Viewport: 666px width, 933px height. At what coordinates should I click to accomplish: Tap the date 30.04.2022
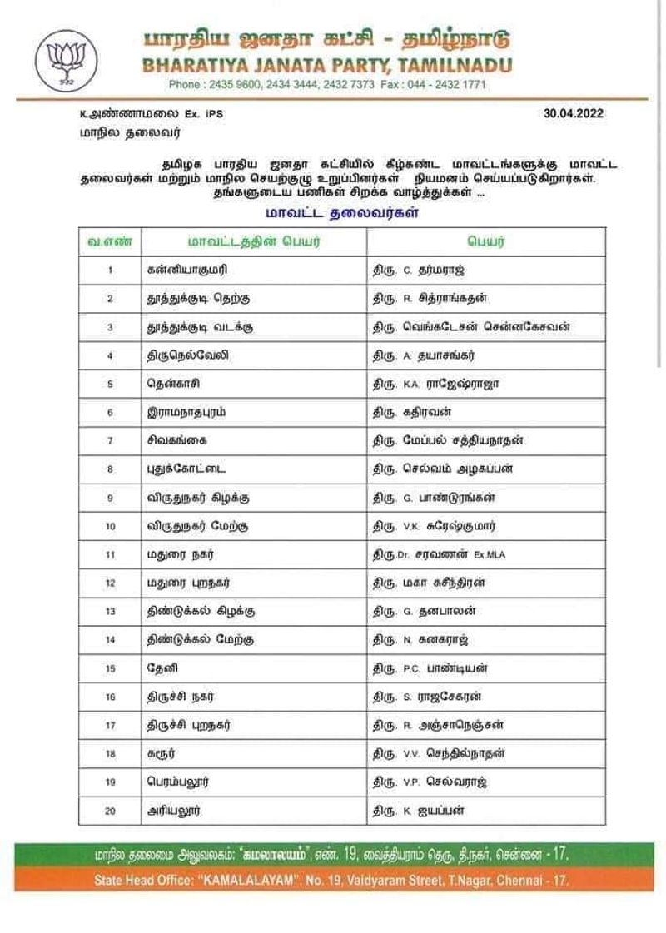coord(574,113)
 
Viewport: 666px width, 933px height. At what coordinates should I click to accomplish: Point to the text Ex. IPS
coord(206,114)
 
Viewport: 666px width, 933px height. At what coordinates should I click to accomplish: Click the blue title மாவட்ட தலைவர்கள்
coord(341,213)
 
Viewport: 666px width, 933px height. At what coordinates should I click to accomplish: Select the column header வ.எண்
coord(110,241)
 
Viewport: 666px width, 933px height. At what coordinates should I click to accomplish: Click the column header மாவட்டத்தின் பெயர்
coord(253,241)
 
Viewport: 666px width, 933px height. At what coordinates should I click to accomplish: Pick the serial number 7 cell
coord(110,440)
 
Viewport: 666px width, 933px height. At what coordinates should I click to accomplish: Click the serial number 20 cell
coord(110,810)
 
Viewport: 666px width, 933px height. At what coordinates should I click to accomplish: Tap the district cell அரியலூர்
coord(172,810)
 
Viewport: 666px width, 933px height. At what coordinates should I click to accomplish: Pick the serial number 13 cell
coord(110,611)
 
